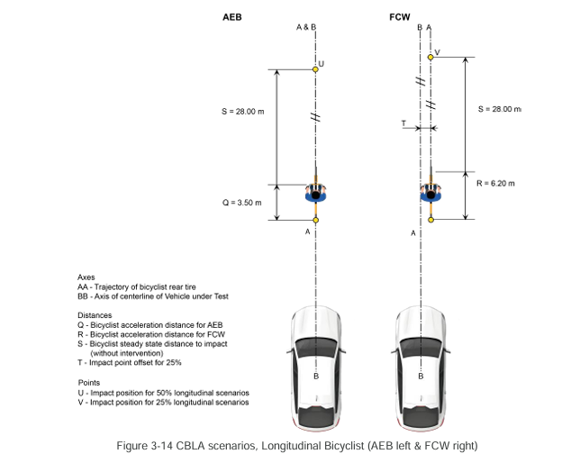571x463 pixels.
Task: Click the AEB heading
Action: pyautogui.click(x=232, y=17)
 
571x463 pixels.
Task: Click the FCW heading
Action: pyautogui.click(x=400, y=17)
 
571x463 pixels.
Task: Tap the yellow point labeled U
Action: pyautogui.click(x=315, y=69)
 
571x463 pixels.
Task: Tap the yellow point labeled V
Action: pyautogui.click(x=431, y=57)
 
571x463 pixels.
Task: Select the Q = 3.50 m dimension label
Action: pyautogui.click(x=241, y=203)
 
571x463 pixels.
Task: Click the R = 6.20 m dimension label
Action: pyautogui.click(x=495, y=183)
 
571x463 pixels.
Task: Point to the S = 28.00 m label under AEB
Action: pyautogui.click(x=243, y=112)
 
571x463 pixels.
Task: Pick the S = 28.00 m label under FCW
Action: pyautogui.click(x=499, y=109)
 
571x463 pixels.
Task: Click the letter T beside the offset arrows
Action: pyautogui.click(x=403, y=123)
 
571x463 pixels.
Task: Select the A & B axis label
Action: pyautogui.click(x=306, y=27)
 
